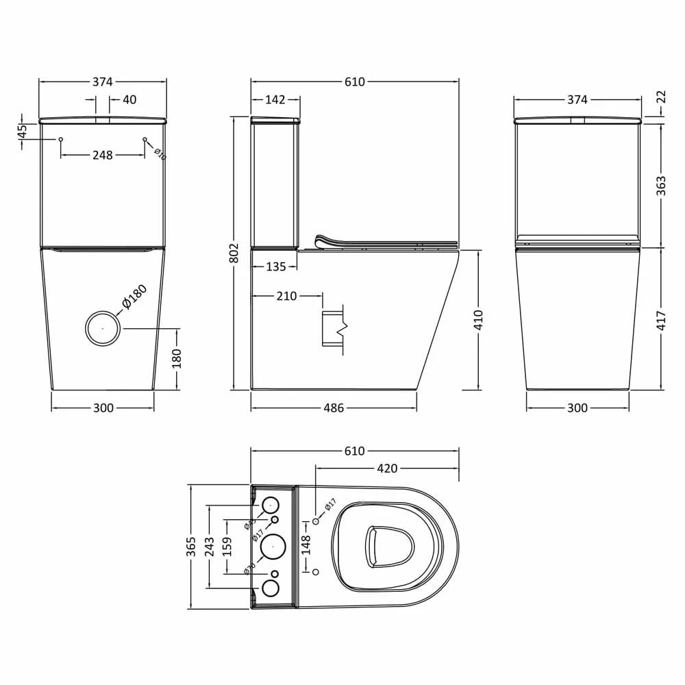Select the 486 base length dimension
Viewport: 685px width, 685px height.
333,408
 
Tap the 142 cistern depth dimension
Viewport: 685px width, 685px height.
275,100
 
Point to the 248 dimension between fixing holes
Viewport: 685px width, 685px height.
102,155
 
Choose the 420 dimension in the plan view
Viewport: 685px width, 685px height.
387,469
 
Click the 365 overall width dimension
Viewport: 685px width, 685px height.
192,546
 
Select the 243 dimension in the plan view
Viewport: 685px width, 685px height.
210,546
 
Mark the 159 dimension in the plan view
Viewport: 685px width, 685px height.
227,546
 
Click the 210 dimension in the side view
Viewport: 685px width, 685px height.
286,297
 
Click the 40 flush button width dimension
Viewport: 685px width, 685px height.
129,100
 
